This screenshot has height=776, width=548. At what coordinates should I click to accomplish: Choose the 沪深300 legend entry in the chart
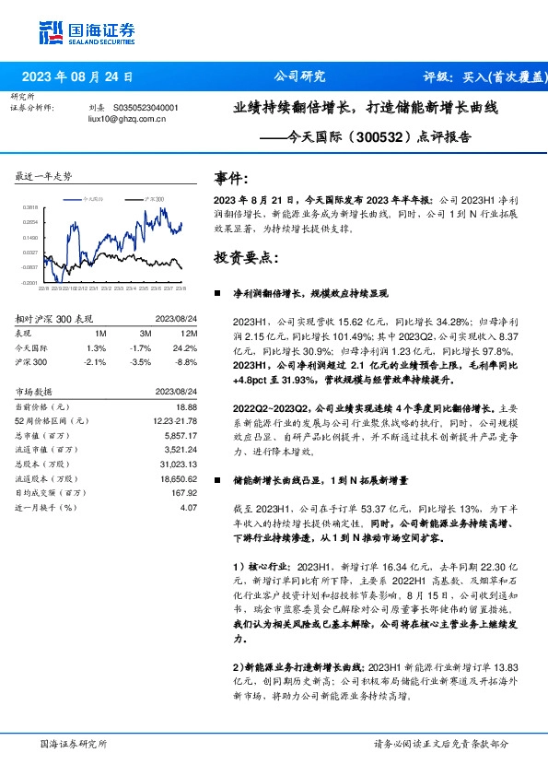pos(155,199)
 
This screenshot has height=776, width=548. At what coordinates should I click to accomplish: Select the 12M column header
pos(190,334)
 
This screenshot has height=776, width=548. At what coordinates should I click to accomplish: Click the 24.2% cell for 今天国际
pos(187,347)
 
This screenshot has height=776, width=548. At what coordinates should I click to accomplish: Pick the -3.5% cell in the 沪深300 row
pos(140,361)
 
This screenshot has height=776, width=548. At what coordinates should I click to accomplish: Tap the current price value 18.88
pos(187,406)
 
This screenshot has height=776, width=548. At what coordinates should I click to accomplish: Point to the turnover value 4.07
pos(189,507)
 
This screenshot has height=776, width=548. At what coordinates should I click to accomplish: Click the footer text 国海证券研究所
pos(74,743)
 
